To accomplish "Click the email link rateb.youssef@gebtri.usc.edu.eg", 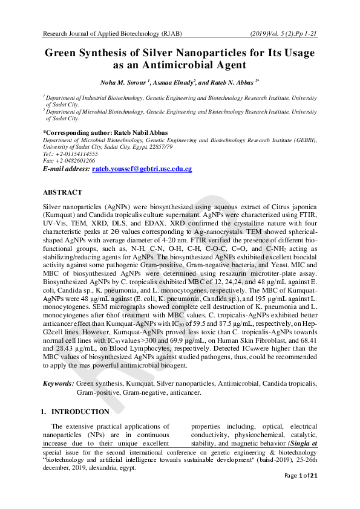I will point(142,169).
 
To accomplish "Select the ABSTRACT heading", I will point(62,192).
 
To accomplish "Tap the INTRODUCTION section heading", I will point(80,412).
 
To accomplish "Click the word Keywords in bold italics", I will point(58,383).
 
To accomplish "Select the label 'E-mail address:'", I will point(66,169).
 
